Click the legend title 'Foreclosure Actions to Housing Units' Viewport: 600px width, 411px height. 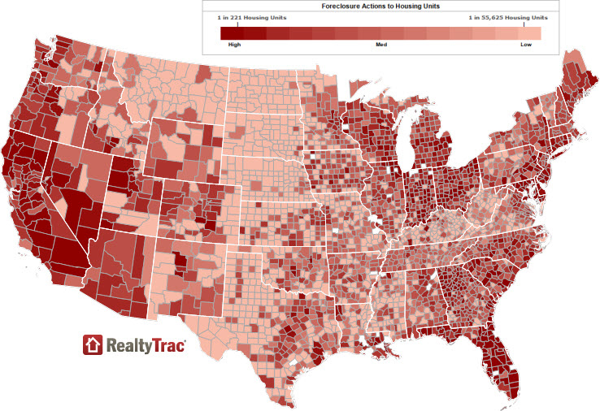380,6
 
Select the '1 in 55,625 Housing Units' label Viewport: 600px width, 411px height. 508,17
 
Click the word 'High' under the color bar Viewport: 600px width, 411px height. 236,45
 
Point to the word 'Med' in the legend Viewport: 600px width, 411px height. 380,45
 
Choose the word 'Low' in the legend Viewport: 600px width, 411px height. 525,45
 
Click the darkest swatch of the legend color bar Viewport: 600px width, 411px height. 227,32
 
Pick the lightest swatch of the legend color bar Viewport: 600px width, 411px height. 533,32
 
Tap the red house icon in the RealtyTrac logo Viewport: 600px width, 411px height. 93,344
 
